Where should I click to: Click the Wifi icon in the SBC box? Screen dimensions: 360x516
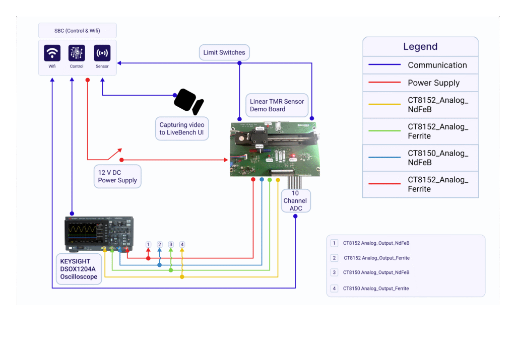pyautogui.click(x=52, y=53)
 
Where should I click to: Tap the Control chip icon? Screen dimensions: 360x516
pyautogui.click(x=77, y=53)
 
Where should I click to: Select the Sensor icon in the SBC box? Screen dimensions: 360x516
pyautogui.click(x=102, y=53)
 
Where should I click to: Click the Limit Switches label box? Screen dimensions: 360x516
pyautogui.click(x=224, y=52)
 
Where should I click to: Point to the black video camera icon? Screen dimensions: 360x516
pyautogui.click(x=188, y=102)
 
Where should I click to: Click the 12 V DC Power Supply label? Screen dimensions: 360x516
pyautogui.click(x=117, y=176)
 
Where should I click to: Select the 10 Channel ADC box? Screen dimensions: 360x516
pyautogui.click(x=295, y=200)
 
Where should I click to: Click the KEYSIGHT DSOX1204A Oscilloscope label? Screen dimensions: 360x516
pyautogui.click(x=79, y=269)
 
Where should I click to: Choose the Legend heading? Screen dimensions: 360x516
pyautogui.click(x=420, y=47)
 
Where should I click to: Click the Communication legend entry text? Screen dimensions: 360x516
pyautogui.click(x=437, y=65)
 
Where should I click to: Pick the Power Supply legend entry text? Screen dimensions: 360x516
pyautogui.click(x=433, y=83)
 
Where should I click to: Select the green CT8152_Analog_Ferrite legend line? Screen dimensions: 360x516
pyautogui.click(x=384, y=131)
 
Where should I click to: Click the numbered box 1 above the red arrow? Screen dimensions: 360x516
pyautogui.click(x=148, y=244)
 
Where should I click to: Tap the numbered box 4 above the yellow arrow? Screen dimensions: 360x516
pyautogui.click(x=182, y=244)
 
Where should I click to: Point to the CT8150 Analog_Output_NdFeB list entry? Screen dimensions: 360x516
pyautogui.click(x=376, y=272)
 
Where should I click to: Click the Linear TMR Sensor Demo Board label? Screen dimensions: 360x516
pyautogui.click(x=277, y=105)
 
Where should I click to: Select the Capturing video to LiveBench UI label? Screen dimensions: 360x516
pyautogui.click(x=182, y=128)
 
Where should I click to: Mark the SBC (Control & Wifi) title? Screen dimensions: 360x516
pyautogui.click(x=77, y=31)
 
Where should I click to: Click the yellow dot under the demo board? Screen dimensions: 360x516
pyautogui.click(x=278, y=180)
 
